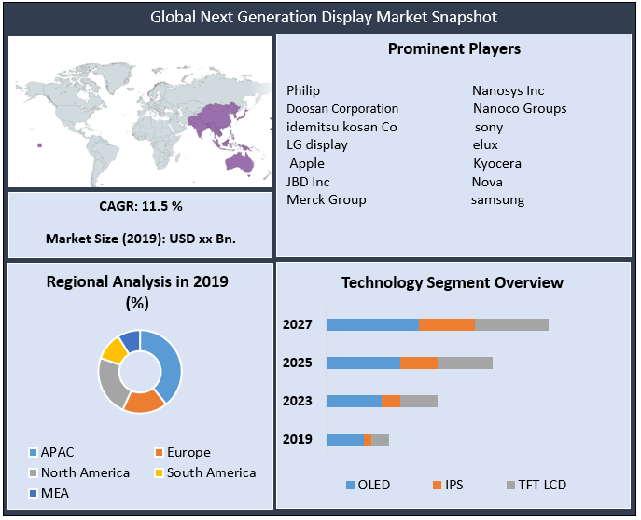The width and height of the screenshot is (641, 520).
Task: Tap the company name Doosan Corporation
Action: click(342, 108)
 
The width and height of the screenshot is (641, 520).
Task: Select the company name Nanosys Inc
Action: click(508, 90)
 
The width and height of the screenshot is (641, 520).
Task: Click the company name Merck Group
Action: click(327, 199)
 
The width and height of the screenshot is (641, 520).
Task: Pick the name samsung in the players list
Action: click(497, 199)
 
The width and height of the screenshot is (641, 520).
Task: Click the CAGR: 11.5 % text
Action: click(140, 205)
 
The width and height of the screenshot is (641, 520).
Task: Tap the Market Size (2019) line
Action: click(140, 239)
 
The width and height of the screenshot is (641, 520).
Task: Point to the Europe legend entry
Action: click(188, 452)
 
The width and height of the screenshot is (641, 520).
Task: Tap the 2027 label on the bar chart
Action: click(298, 324)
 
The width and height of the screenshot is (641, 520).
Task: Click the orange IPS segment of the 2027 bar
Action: click(447, 324)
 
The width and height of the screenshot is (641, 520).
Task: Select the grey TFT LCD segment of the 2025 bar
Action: click(465, 363)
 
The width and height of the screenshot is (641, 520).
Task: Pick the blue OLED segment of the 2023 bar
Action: click(354, 401)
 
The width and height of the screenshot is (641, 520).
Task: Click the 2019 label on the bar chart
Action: click(298, 439)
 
